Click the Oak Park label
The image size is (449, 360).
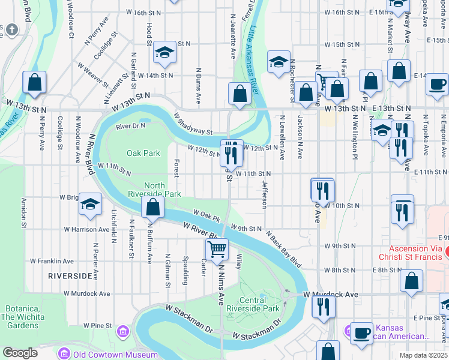[143, 153]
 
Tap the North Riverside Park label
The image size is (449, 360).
[154, 190]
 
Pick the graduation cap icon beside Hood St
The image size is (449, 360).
[164, 53]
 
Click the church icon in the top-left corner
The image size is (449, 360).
[11, 30]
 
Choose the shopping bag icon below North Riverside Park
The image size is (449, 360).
[153, 208]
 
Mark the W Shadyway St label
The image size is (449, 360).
[193, 124]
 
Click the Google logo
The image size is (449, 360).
[20, 353]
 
